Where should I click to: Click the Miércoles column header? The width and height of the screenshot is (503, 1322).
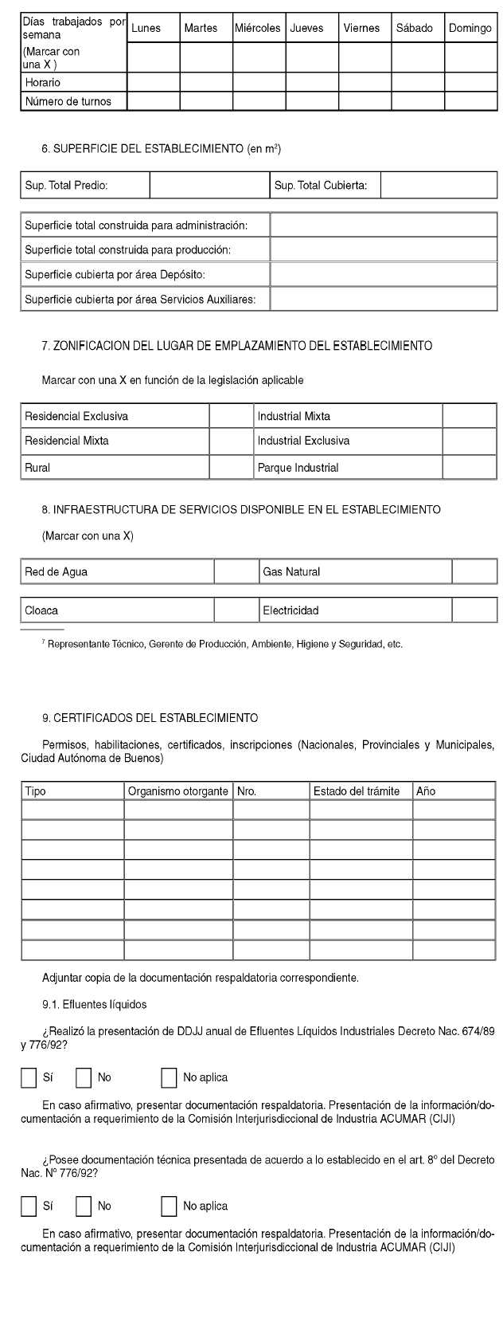[x=258, y=28]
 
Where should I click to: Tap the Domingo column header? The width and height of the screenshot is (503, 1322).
[x=470, y=28]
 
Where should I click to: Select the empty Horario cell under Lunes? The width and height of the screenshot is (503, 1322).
[x=153, y=82]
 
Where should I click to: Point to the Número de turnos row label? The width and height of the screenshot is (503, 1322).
[x=68, y=101]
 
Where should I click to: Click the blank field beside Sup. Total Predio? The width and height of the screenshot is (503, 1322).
[x=209, y=186]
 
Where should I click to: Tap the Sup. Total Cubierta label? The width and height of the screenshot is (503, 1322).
[x=321, y=186]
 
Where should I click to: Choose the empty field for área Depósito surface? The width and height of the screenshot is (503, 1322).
[x=384, y=274]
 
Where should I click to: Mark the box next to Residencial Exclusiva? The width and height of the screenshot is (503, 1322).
[x=231, y=416]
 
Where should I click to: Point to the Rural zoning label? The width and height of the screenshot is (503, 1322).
[x=37, y=468]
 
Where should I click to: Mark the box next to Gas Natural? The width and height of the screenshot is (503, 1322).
[x=474, y=571]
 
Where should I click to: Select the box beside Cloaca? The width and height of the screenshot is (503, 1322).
[x=236, y=610]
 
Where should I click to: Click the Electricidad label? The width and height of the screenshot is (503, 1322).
[x=290, y=610]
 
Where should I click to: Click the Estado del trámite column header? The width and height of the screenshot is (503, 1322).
[x=356, y=791]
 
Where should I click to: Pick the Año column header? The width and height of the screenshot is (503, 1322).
[x=426, y=791]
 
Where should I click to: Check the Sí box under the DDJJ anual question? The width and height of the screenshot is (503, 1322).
[x=29, y=1077]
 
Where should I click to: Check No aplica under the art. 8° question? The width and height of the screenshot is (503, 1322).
[x=169, y=1206]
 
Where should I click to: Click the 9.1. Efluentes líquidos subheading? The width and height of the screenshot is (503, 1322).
[x=94, y=1005]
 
